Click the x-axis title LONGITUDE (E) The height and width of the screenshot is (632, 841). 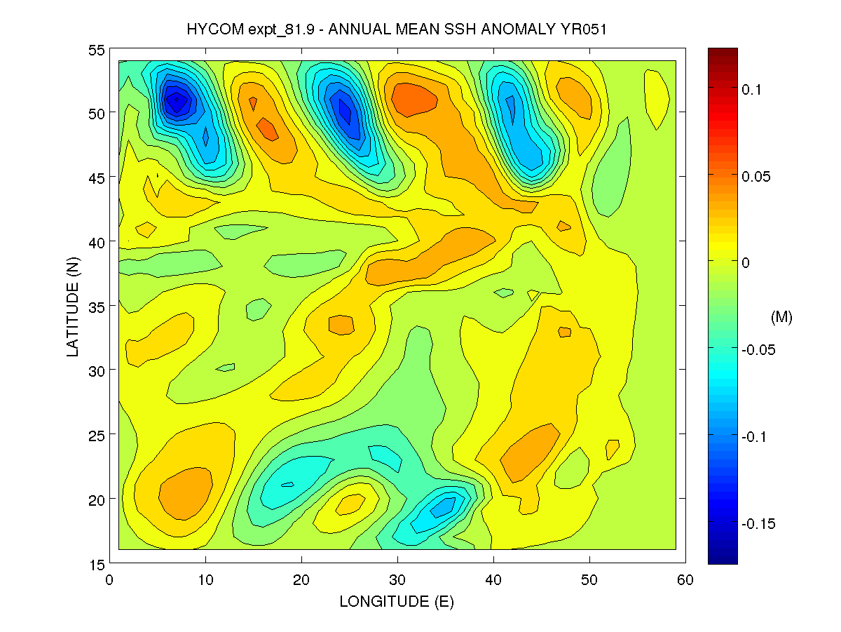(396, 601)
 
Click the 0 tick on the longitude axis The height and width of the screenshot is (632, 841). (109, 579)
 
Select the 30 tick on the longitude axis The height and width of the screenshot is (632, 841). (397, 579)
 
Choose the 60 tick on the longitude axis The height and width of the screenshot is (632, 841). (685, 579)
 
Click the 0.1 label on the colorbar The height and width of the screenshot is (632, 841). (752, 89)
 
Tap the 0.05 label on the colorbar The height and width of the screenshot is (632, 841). (755, 176)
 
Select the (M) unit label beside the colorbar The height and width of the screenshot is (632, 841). (781, 318)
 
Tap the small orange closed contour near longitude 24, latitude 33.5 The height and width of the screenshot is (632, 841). (341, 325)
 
